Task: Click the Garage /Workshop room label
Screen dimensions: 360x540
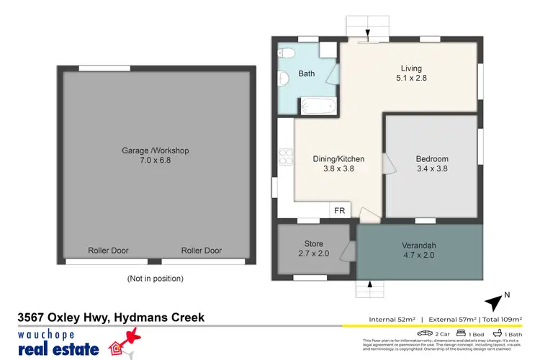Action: click(155, 150)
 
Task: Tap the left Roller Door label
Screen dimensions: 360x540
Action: click(108, 251)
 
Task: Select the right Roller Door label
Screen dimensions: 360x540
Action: click(202, 251)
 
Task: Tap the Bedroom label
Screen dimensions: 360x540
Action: click(432, 159)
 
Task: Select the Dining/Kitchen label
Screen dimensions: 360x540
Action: click(338, 159)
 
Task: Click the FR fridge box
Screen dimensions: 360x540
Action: click(340, 210)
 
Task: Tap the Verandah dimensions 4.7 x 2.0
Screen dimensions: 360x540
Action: click(418, 255)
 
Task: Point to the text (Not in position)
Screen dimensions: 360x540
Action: click(155, 278)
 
